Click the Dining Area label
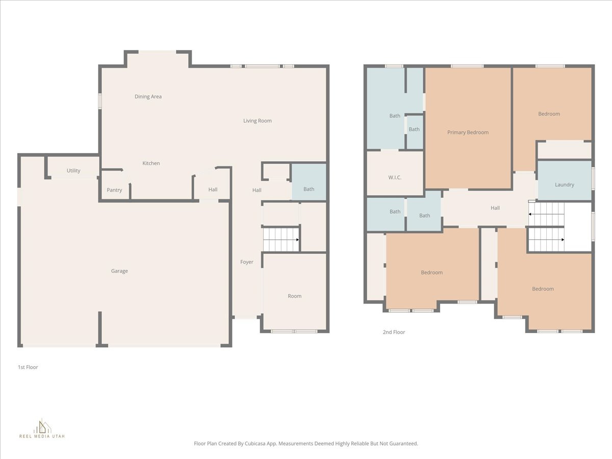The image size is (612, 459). [148, 96]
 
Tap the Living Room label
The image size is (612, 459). [257, 121]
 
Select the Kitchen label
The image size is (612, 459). [151, 163]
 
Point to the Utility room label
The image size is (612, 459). [73, 170]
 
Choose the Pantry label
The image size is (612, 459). [114, 190]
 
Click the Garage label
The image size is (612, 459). [119, 271]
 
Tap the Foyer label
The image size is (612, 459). [247, 262]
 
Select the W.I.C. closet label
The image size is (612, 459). [395, 177]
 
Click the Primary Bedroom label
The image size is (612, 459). [468, 132]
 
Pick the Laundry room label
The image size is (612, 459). [564, 185]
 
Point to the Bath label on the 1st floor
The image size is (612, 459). [309, 189]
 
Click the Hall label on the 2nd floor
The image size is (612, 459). [495, 208]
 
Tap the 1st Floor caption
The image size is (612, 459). [28, 367]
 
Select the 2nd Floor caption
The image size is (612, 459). [394, 332]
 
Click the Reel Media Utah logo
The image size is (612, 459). [42, 428]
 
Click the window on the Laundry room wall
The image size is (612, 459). [593, 179]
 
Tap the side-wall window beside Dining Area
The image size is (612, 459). [100, 100]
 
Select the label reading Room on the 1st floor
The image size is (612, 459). [294, 296]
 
